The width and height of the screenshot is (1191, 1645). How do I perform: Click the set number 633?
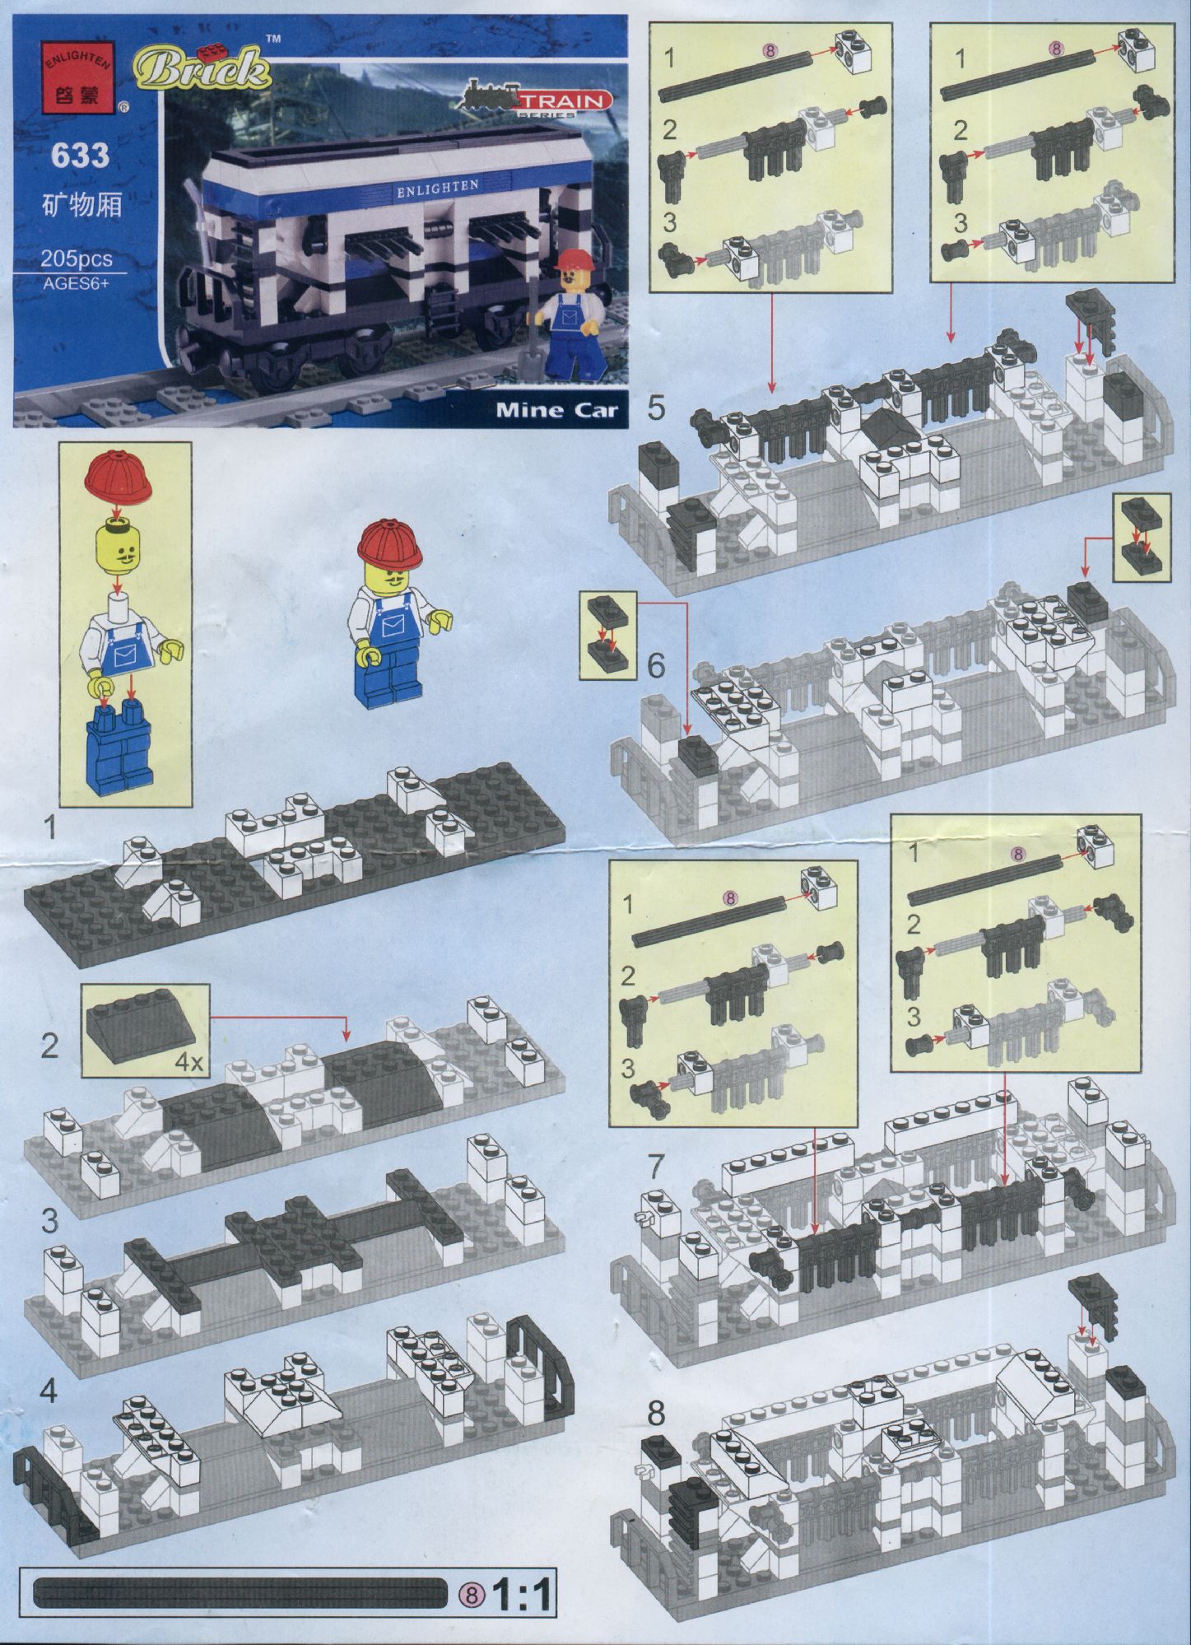point(80,156)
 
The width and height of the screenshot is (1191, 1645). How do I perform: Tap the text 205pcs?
point(77,259)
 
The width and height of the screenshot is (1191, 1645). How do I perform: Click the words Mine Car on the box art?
point(556,409)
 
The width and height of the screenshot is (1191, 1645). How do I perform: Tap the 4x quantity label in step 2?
point(188,1062)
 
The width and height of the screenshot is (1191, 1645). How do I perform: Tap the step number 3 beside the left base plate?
point(50,1219)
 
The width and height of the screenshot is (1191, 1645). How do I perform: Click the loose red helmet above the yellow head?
point(119,476)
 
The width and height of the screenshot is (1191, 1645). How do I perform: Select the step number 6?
point(655,665)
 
